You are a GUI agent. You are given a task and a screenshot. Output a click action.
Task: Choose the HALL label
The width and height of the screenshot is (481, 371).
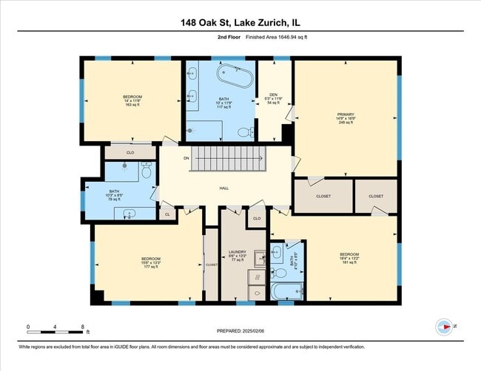(223, 188)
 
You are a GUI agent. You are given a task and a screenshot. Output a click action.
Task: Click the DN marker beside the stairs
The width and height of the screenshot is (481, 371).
(166, 158)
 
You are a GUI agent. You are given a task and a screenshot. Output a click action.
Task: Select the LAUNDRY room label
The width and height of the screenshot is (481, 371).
(237, 252)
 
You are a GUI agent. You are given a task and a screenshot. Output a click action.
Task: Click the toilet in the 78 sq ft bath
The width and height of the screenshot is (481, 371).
(147, 171)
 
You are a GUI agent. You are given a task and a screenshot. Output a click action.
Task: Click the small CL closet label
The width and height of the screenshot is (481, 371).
(167, 214)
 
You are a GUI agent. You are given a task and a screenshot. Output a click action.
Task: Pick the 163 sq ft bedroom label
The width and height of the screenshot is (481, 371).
(132, 101)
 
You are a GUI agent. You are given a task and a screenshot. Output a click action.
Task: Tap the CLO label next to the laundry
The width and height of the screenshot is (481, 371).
(257, 219)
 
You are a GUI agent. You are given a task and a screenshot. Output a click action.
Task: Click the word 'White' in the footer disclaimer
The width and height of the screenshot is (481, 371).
(27, 347)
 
